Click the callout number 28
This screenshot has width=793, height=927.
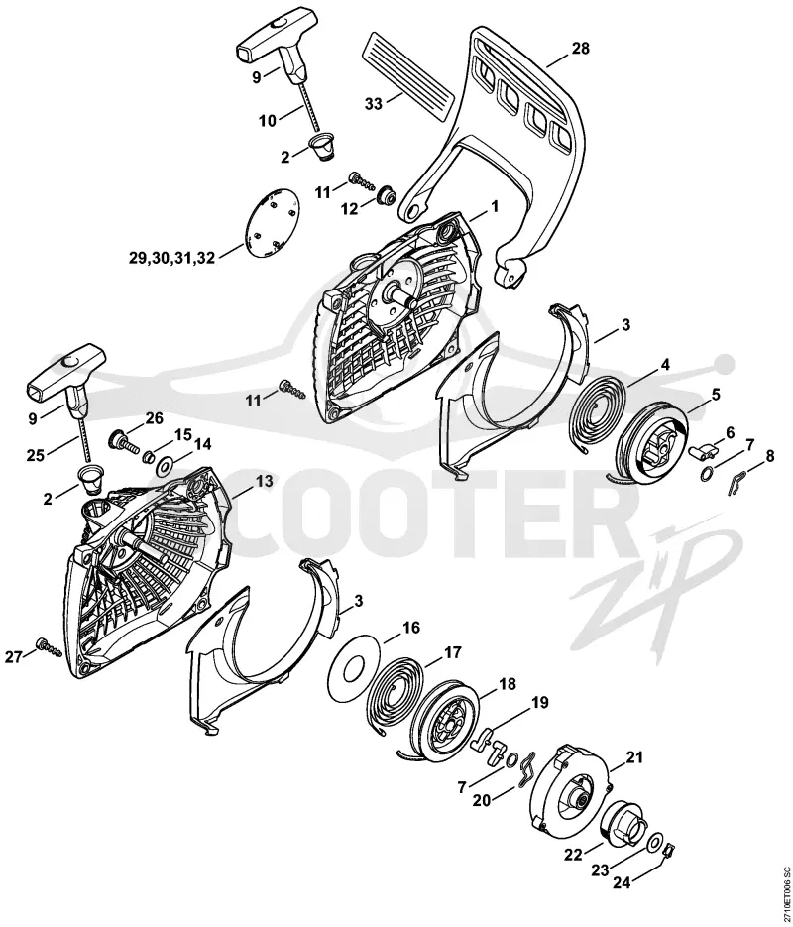pos(580,48)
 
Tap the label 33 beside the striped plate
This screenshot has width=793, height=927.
pos(374,104)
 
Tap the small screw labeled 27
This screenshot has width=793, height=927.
pos(49,648)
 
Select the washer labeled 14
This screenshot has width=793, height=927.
pos(164,466)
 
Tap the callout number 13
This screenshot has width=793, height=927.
pos(264,481)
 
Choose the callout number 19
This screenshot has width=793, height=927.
pos(539,702)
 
